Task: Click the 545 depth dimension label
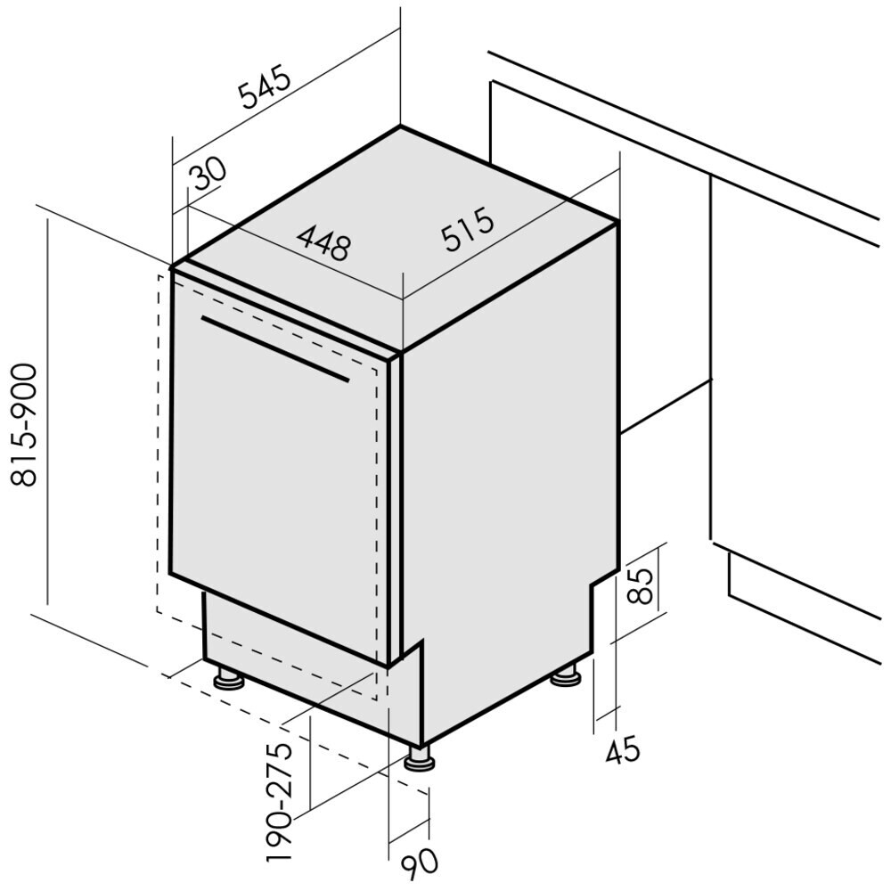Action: click(x=265, y=87)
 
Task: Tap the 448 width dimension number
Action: click(x=323, y=242)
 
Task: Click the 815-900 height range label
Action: click(x=24, y=425)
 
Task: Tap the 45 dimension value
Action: click(x=622, y=750)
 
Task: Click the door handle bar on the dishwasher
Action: click(x=275, y=348)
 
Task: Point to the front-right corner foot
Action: click(x=420, y=758)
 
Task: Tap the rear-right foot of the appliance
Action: click(x=566, y=675)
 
